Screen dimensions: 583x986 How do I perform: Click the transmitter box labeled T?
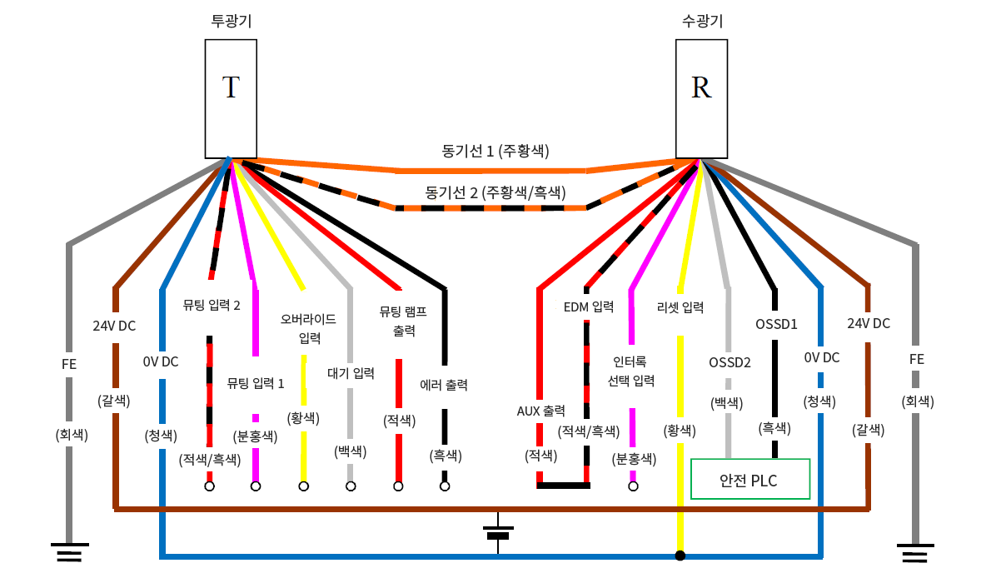coord(231,99)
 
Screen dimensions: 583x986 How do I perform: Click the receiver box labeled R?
coord(701,99)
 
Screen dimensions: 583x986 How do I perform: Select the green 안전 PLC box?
coord(750,479)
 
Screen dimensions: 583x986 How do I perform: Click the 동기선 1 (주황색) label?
coord(495,152)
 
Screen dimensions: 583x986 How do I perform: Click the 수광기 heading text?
coord(701,22)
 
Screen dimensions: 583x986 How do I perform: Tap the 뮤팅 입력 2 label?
coord(212,305)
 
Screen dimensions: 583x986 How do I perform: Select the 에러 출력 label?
coord(444,385)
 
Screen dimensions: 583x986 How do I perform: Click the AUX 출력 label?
coord(541,411)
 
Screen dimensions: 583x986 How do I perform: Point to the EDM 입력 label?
coord(589,306)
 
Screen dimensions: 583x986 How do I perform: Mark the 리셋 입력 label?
coord(680,307)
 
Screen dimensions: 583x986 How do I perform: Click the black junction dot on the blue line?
coord(680,556)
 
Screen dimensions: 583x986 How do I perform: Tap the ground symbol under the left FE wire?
coord(68,552)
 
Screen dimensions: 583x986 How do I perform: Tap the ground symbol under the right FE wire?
coord(916,552)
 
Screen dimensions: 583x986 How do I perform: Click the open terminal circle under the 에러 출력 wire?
coord(445,486)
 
